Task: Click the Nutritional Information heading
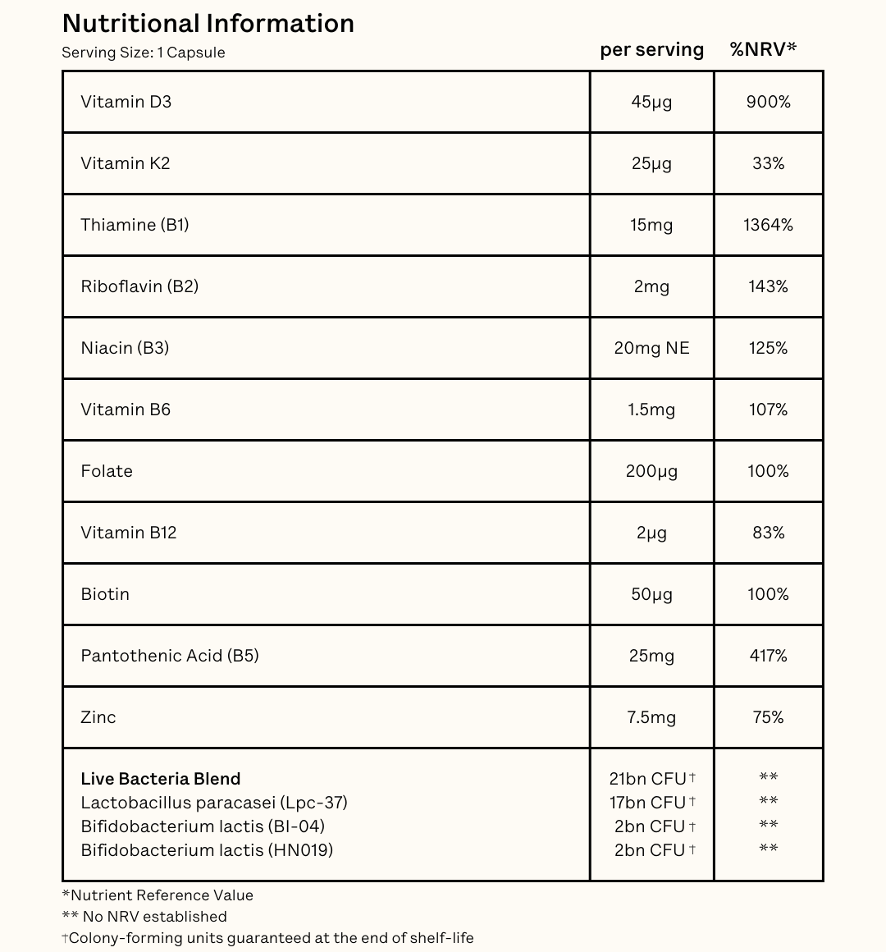(x=208, y=24)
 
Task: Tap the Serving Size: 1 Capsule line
(x=144, y=53)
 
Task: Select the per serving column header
(x=651, y=50)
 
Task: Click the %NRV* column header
(x=763, y=49)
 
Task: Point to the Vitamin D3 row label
(x=126, y=102)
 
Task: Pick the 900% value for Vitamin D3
(x=768, y=102)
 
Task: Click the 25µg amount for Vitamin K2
(x=651, y=163)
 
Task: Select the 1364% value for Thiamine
(x=768, y=225)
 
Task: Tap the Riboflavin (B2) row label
(x=139, y=286)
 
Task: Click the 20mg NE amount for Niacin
(x=651, y=348)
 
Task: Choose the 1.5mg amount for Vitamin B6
(x=651, y=410)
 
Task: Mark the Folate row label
(x=107, y=471)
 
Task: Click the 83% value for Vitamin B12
(x=768, y=533)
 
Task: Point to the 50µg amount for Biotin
(x=651, y=594)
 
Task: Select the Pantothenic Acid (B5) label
(x=170, y=656)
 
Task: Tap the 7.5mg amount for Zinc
(x=651, y=717)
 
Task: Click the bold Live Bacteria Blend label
(x=161, y=779)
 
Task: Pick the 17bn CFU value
(x=648, y=803)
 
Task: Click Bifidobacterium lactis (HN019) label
(x=207, y=850)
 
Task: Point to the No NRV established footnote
(x=144, y=917)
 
